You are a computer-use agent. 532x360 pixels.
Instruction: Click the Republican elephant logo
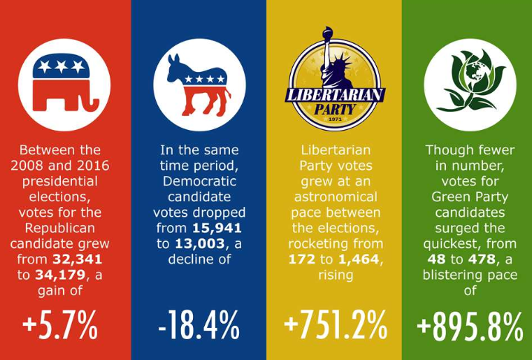pyautogui.click(x=64, y=79)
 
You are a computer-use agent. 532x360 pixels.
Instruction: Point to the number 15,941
pyautogui.click(x=215, y=228)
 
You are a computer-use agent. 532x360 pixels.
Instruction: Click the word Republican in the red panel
pyautogui.click(x=65, y=228)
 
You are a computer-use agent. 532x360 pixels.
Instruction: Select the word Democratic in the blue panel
pyautogui.click(x=199, y=181)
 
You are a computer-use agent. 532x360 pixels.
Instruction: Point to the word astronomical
pyautogui.click(x=335, y=197)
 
